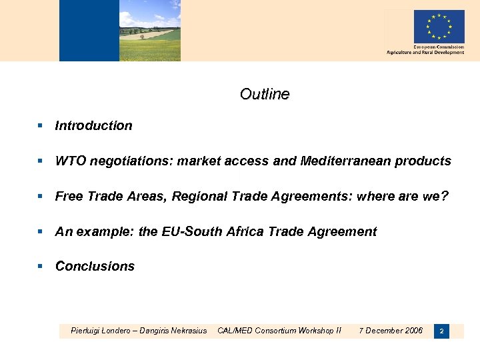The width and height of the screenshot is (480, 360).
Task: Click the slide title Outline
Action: [x=265, y=94]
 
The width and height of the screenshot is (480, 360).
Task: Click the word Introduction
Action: [x=93, y=125]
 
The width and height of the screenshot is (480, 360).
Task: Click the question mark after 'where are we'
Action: [x=445, y=196]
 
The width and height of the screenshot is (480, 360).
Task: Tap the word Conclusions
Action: [x=95, y=266]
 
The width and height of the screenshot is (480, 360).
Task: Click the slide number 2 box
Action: [x=441, y=331]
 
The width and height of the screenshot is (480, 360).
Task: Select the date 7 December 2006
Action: [x=391, y=330]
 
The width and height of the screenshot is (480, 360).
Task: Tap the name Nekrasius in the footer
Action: [x=185, y=330]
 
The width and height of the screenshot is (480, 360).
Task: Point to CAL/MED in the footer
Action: [x=234, y=330]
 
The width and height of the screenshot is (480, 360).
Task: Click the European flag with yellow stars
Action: [x=439, y=27]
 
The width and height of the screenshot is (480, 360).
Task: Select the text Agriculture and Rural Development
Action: [x=425, y=53]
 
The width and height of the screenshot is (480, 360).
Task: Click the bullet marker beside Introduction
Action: [x=40, y=125]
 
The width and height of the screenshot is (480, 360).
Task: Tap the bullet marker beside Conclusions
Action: [x=40, y=266]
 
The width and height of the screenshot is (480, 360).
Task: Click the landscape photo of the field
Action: [x=150, y=31]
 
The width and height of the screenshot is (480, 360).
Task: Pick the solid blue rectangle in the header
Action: [x=89, y=31]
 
